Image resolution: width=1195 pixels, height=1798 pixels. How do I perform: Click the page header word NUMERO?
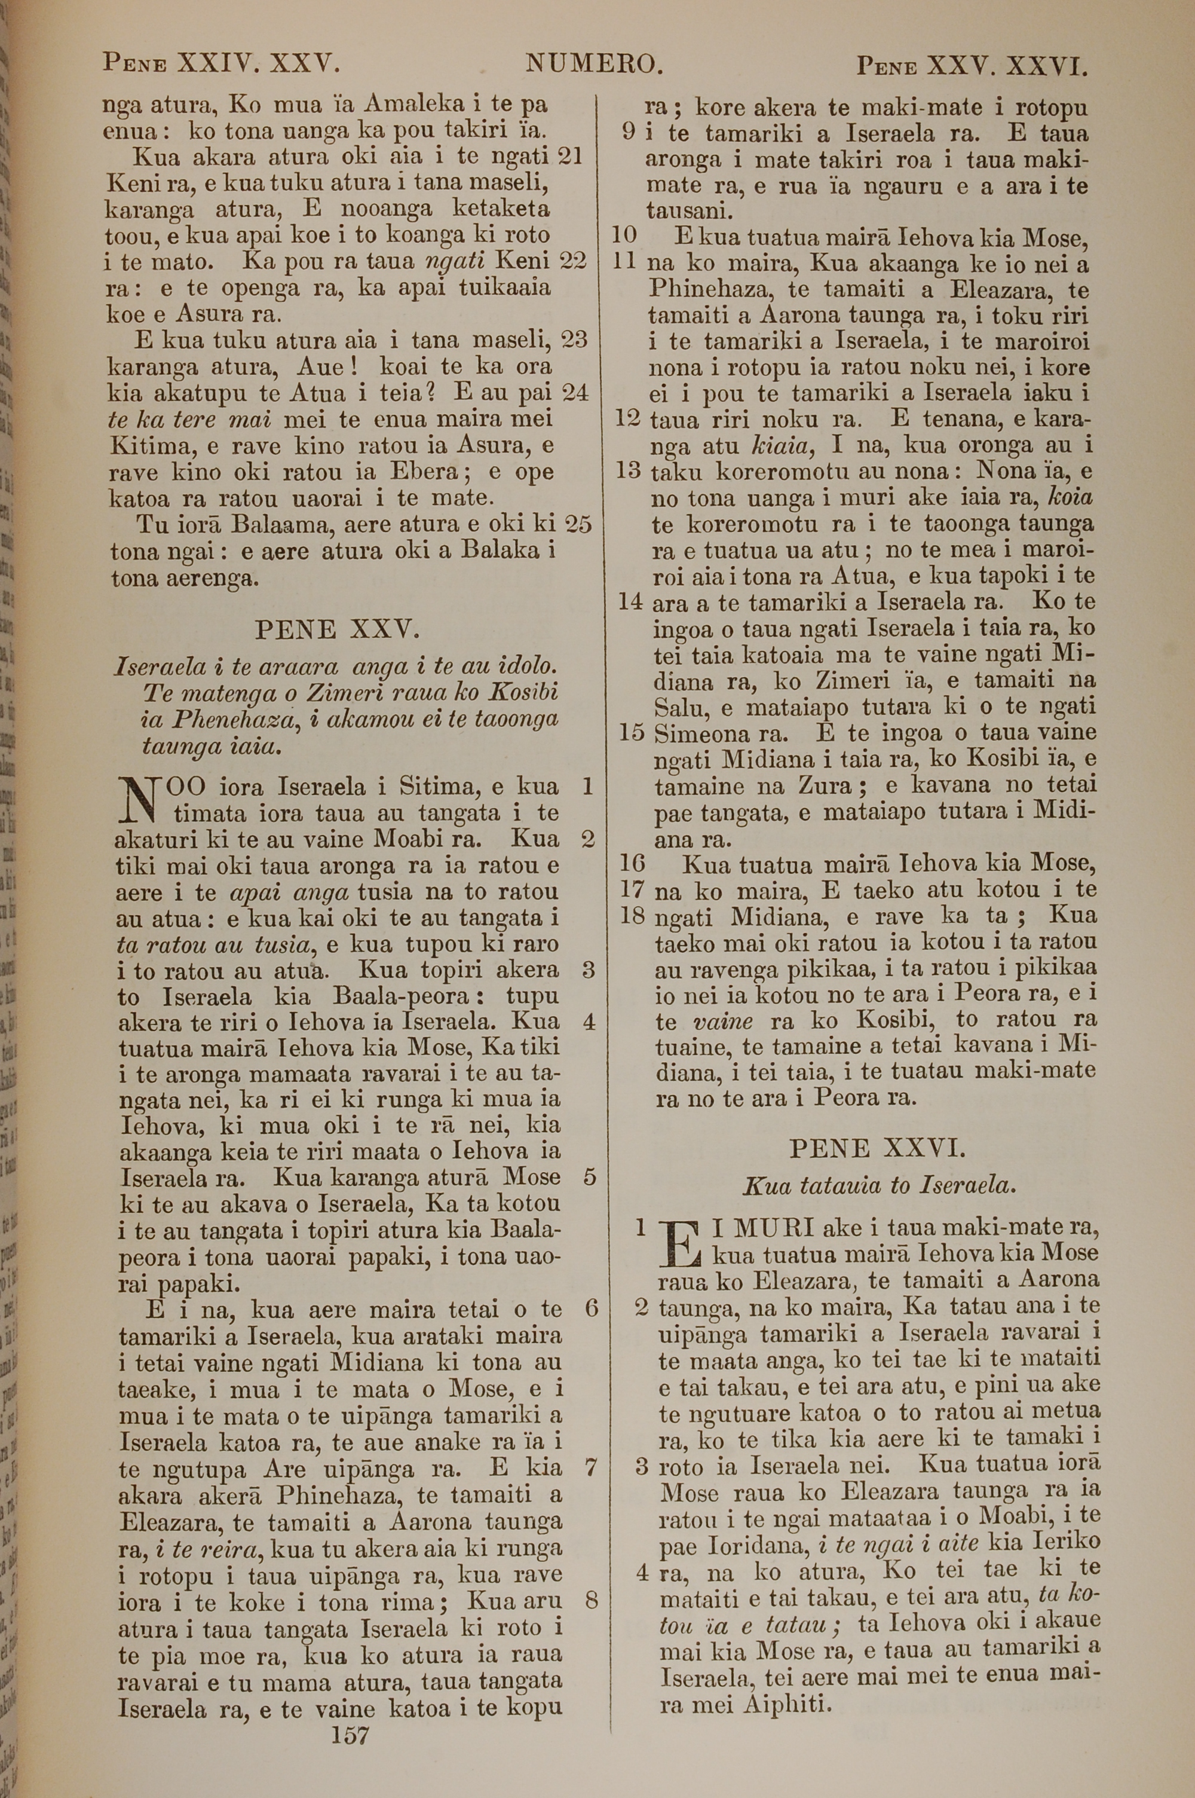[x=594, y=64]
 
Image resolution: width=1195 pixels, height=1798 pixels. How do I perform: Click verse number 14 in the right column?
[x=630, y=601]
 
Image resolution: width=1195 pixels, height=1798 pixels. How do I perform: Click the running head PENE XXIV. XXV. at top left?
[x=221, y=64]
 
